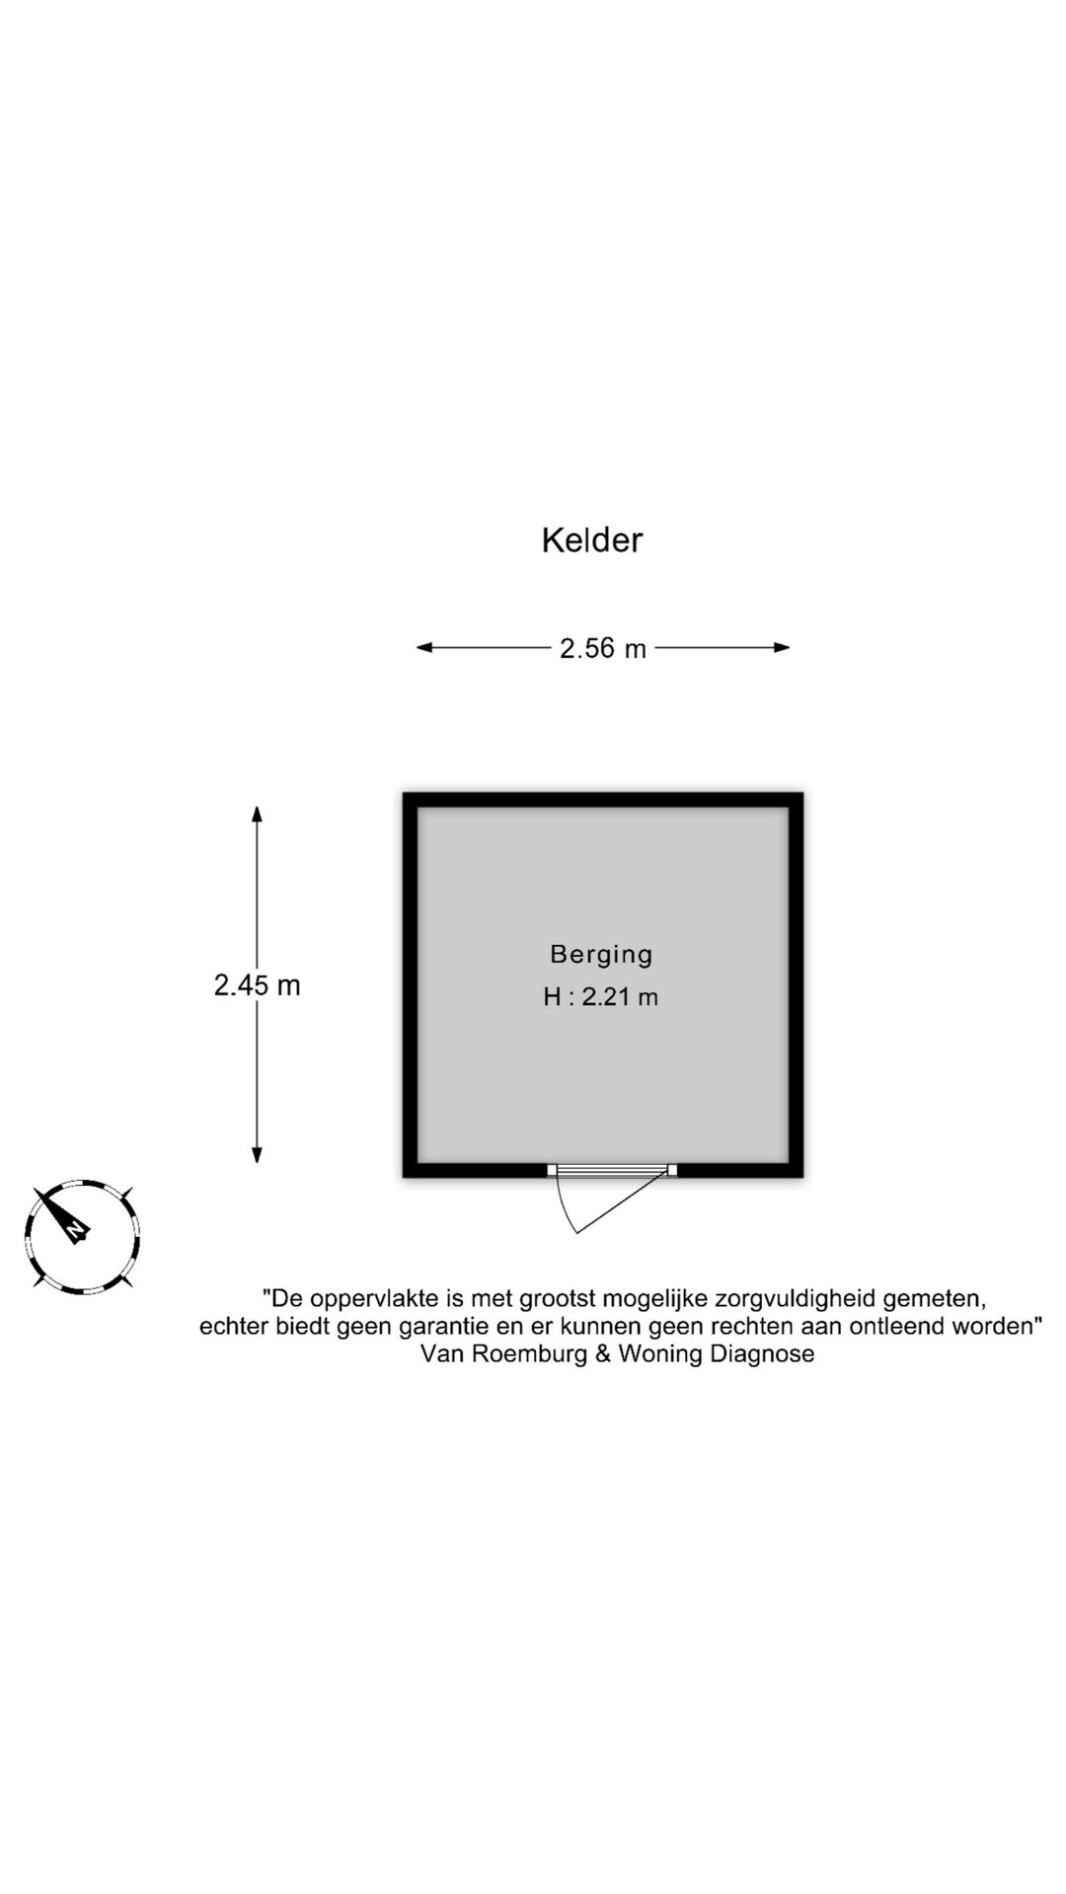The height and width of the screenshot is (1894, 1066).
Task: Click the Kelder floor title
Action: pyautogui.click(x=592, y=540)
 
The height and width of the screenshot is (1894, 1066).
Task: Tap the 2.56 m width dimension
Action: pyautogui.click(x=603, y=648)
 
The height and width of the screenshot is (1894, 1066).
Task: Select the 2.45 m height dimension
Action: pyautogui.click(x=258, y=984)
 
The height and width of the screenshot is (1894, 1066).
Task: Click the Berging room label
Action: pyautogui.click(x=602, y=954)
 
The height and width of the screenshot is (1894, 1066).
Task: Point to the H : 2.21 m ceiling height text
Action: pyautogui.click(x=601, y=996)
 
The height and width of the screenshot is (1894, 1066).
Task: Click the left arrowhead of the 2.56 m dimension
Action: pyautogui.click(x=424, y=648)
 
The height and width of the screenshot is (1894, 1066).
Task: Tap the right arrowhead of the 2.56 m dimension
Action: pyautogui.click(x=782, y=648)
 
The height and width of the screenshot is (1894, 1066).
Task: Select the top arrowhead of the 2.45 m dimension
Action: pyautogui.click(x=257, y=815)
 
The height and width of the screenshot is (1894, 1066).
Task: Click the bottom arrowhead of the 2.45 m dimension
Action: pyautogui.click(x=257, y=1154)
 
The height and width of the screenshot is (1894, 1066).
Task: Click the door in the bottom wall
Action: pyautogui.click(x=613, y=1170)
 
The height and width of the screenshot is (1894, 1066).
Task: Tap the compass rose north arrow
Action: pyautogui.click(x=61, y=1216)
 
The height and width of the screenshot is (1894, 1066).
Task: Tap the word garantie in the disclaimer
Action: pyautogui.click(x=441, y=1326)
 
